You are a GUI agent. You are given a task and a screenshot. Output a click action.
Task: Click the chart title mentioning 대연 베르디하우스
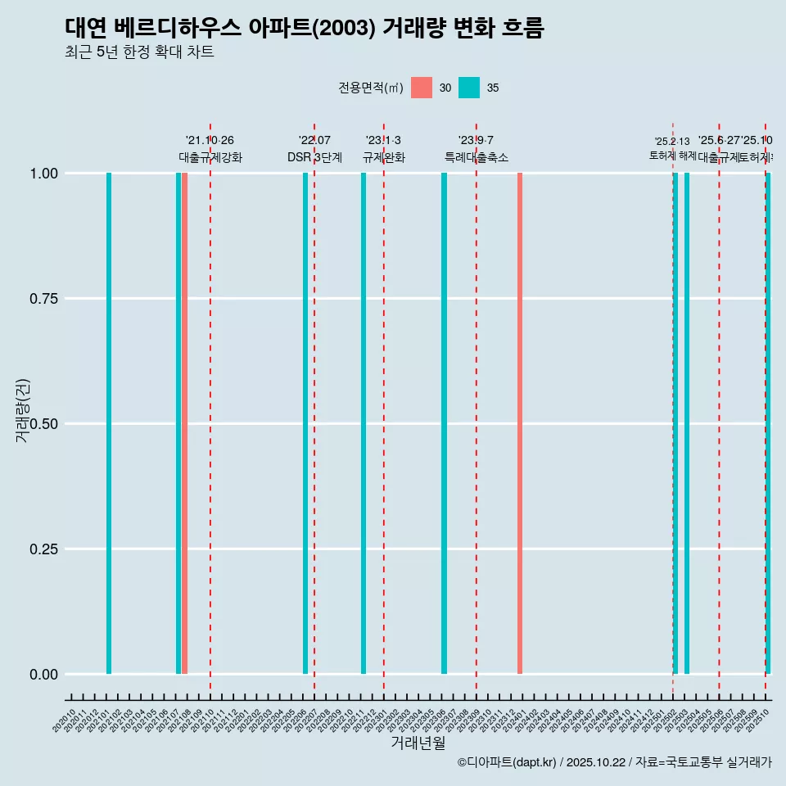tap(304, 29)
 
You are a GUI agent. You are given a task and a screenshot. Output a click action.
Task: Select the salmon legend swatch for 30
tap(422, 88)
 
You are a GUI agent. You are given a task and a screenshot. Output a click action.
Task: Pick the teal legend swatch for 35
tap(469, 88)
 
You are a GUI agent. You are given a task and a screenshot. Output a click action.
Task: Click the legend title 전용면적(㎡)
tap(370, 88)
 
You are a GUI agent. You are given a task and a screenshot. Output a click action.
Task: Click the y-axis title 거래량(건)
tap(23, 410)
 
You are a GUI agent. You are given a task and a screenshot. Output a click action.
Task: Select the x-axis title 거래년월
tap(418, 743)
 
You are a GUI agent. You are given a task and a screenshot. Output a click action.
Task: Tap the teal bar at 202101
tap(109, 423)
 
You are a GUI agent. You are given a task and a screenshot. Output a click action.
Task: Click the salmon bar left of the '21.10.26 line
tap(185, 423)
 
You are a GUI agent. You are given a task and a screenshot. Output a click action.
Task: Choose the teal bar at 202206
tap(305, 423)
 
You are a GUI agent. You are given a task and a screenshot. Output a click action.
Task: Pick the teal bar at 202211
tap(364, 423)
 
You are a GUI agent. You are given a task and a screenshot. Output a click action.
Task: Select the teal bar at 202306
tap(445, 423)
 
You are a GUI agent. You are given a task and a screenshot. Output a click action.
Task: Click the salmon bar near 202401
tap(520, 423)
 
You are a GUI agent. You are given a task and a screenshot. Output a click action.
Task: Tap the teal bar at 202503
tap(687, 423)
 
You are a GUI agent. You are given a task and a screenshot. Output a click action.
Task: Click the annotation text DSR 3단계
tap(314, 157)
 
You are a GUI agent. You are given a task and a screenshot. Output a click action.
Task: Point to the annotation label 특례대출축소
tap(477, 157)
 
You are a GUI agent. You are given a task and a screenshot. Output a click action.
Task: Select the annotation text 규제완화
tap(384, 157)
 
